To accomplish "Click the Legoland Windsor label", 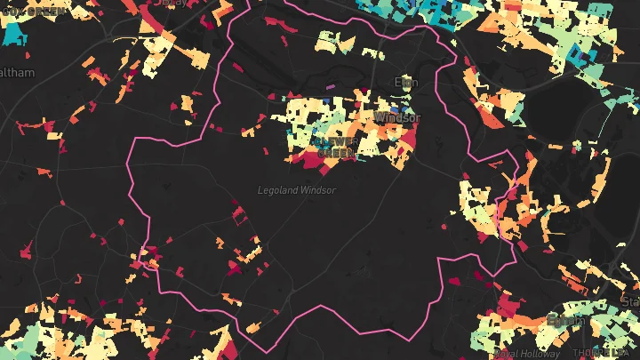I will pyautogui.click(x=297, y=190).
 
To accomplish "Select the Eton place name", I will pyautogui.click(x=405, y=83).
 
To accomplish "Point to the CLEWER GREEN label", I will pyautogui.click(x=336, y=147).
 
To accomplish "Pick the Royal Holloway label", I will pyautogui.click(x=528, y=354).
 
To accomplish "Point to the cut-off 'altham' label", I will pyautogui.click(x=17, y=73).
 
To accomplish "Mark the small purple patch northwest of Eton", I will pyautogui.click(x=332, y=87).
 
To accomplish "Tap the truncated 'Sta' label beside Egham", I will pyautogui.click(x=629, y=303).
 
